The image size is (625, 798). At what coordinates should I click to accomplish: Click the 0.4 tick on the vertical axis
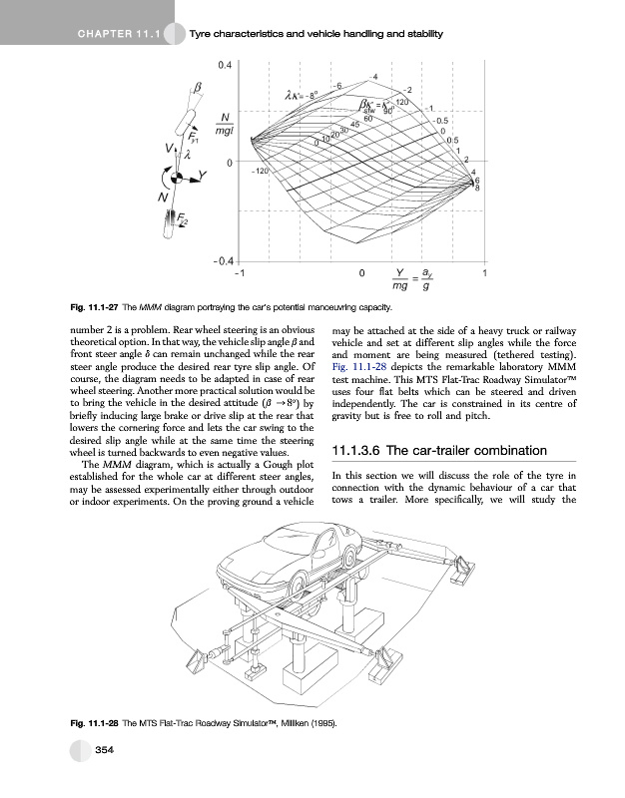click(x=226, y=64)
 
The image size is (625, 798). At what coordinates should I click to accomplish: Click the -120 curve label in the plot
click(x=260, y=173)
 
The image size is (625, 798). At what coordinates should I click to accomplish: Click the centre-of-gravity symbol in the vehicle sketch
click(x=176, y=179)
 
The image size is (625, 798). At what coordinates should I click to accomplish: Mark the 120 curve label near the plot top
click(x=401, y=104)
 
